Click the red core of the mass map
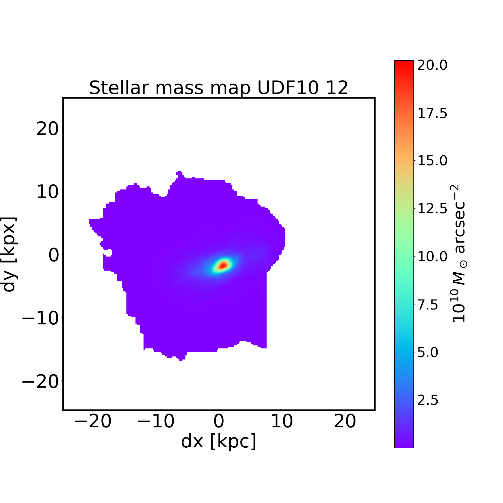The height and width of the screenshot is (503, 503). click(223, 265)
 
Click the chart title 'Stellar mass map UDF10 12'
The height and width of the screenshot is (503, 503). click(219, 88)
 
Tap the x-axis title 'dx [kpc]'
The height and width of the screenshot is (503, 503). click(219, 441)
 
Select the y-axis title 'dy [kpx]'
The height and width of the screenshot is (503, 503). click(9, 254)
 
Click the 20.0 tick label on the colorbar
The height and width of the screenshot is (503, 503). click(432, 65)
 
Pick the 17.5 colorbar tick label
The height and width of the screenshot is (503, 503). click(432, 113)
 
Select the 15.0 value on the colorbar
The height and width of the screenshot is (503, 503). click(432, 161)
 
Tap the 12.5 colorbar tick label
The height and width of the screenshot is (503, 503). click(432, 209)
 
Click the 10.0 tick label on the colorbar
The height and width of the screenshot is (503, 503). click(432, 257)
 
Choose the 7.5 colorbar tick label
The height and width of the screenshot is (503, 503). click(428, 305)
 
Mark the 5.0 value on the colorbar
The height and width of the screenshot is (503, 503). click(428, 352)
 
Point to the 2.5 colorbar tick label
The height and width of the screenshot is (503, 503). click(428, 400)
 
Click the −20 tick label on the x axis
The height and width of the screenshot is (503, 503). click(93, 421)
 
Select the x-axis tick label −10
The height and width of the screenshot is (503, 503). click(156, 421)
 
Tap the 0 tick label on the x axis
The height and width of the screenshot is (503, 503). click(219, 421)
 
